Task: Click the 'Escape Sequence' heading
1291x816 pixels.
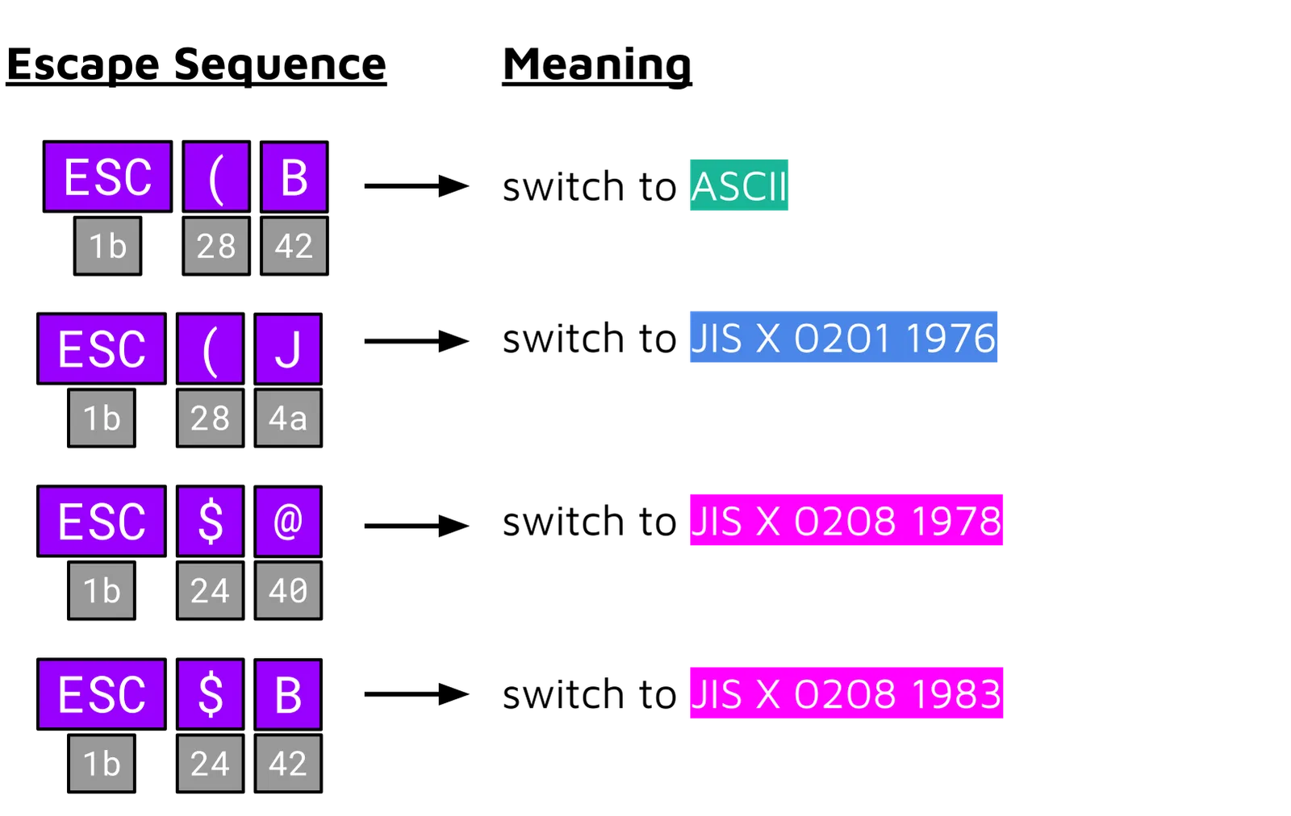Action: pos(196,65)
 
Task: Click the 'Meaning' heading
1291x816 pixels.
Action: pos(596,66)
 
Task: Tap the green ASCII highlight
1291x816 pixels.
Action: pos(739,185)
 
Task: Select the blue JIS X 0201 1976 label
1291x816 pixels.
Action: pos(844,337)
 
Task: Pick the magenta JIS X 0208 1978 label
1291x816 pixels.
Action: pos(846,519)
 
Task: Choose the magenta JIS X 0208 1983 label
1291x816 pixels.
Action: pos(846,693)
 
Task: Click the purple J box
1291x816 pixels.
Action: pos(288,349)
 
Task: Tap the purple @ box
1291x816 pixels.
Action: pos(288,522)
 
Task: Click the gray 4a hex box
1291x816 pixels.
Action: pos(288,418)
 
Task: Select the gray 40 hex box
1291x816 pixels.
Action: pos(288,591)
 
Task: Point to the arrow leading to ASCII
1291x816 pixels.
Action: pos(416,186)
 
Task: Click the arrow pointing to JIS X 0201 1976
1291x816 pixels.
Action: pos(416,341)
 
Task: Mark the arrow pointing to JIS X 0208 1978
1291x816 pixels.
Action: pos(416,526)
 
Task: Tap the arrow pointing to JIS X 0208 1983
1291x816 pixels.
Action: pos(416,694)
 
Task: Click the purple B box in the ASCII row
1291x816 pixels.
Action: pos(295,177)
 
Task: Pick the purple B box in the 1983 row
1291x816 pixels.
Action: pos(288,694)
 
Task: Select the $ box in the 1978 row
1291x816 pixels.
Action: pos(211,522)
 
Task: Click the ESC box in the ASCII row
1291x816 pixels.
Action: pos(108,177)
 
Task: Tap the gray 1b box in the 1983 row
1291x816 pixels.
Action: pos(102,764)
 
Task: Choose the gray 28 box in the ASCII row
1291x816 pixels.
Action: pos(217,246)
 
